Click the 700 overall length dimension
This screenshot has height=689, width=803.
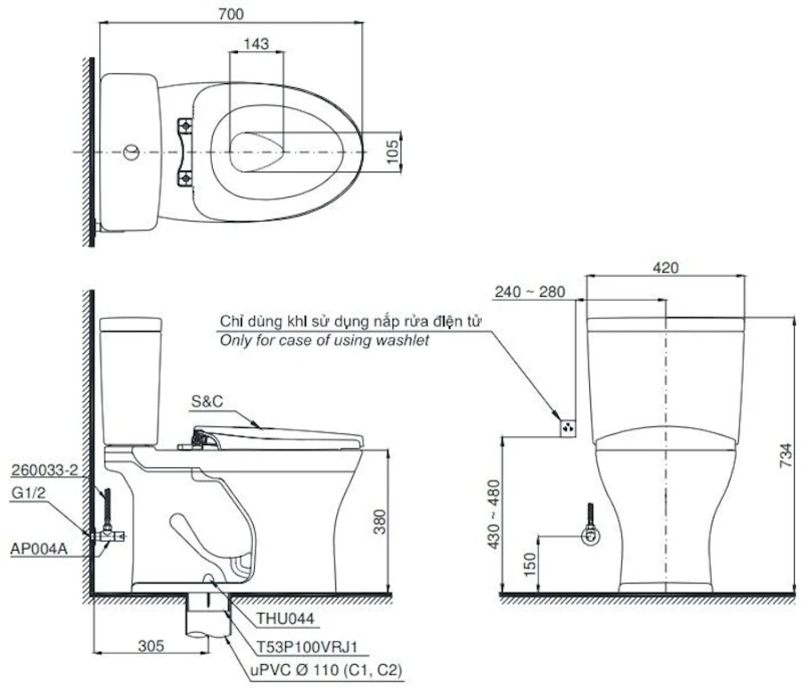[x=231, y=14]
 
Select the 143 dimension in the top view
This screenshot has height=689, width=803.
[x=256, y=44]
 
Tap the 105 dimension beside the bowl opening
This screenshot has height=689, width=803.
[x=392, y=152]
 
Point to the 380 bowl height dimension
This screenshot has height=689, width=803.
[x=380, y=522]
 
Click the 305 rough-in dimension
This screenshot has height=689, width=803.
[x=151, y=646]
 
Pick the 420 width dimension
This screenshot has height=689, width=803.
[x=665, y=268]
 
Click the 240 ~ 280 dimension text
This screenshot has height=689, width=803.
[x=530, y=292]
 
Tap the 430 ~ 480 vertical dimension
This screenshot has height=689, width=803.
[x=494, y=514]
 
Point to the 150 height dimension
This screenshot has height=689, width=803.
[x=530, y=565]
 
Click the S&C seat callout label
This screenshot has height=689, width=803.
[x=206, y=402]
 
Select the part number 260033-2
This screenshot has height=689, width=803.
[x=44, y=471]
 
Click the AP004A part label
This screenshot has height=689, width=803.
[x=38, y=549]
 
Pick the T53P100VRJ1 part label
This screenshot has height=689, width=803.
[x=307, y=647]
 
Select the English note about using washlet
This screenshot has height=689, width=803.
[x=325, y=340]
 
